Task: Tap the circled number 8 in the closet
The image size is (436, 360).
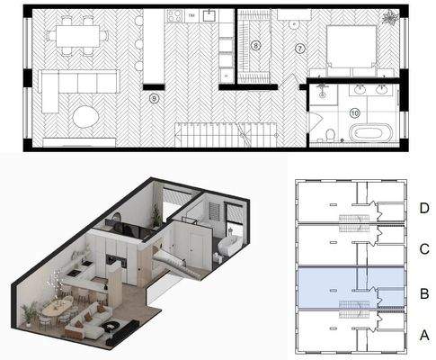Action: pyautogui.click(x=255, y=44)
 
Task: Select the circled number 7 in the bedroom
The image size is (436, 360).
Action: pyautogui.click(x=300, y=46)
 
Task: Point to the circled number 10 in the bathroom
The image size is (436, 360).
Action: pyautogui.click(x=354, y=112)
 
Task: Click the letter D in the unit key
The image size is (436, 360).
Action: pyautogui.click(x=423, y=209)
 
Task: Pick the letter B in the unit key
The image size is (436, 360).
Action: pyautogui.click(x=423, y=292)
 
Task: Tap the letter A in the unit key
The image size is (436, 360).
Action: pyautogui.click(x=423, y=334)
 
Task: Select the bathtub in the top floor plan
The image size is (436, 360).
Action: pyautogui.click(x=370, y=134)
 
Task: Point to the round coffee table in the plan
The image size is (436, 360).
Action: pyautogui.click(x=87, y=117)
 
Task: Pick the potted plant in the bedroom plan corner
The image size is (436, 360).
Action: pyautogui.click(x=388, y=18)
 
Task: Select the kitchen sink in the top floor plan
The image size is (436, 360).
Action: pyautogui.click(x=210, y=15)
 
